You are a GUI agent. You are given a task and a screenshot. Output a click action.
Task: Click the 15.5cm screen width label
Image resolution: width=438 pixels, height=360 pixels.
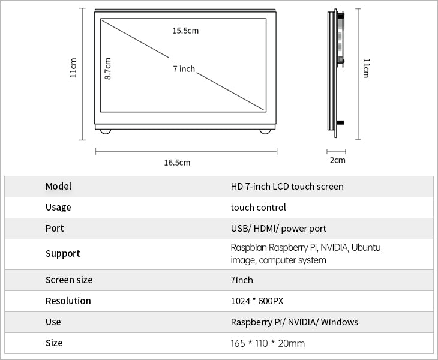pyautogui.click(x=185, y=31)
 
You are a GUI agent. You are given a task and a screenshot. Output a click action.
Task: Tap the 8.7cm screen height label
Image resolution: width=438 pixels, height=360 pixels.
pyautogui.click(x=108, y=68)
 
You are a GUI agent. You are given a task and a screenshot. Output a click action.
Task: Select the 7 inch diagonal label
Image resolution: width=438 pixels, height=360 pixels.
pyautogui.click(x=184, y=69)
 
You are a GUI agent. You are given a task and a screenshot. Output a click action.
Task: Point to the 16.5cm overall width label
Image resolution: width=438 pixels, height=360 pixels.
pyautogui.click(x=177, y=163)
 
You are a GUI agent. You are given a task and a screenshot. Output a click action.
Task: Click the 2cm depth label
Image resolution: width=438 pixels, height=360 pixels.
pyautogui.click(x=337, y=160)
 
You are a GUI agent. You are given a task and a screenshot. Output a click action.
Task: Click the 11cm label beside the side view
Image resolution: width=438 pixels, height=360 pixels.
pyautogui.click(x=366, y=68)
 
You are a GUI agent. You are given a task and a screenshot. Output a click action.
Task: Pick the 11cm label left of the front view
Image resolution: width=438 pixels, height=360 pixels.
pyautogui.click(x=73, y=68)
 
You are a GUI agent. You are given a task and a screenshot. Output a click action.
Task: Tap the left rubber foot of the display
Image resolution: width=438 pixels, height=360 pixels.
pyautogui.click(x=106, y=131)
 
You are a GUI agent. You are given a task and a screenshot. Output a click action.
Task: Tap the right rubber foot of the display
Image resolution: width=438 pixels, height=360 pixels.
pyautogui.click(x=265, y=131)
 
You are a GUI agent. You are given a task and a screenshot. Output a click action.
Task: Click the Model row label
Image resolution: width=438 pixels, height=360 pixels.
pyautogui.click(x=58, y=186)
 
